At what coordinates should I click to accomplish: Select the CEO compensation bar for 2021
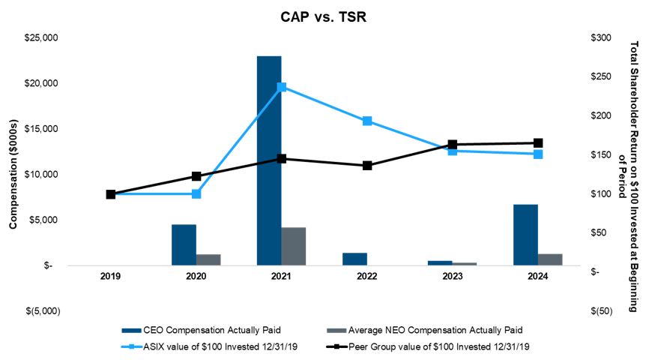click(x=269, y=160)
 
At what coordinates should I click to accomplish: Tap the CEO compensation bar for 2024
click(x=525, y=235)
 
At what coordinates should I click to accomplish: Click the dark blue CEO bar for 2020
click(x=184, y=244)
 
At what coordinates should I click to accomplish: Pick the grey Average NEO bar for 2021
click(x=294, y=246)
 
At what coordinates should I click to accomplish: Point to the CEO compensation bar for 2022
click(x=354, y=259)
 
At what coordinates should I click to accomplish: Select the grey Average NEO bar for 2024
click(x=550, y=259)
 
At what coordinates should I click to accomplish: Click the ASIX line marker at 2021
click(x=282, y=87)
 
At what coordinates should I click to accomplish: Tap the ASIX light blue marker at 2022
click(x=367, y=121)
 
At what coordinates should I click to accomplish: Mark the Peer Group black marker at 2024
click(x=538, y=142)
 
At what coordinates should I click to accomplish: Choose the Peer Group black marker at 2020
click(x=196, y=176)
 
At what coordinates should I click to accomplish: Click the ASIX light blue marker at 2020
click(x=196, y=193)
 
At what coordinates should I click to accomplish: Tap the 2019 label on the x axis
click(x=111, y=277)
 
